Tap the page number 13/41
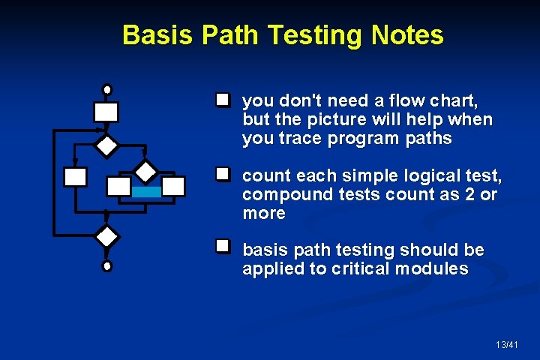click(506, 344)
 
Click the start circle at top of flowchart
click(107, 89)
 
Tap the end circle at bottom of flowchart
click(107, 265)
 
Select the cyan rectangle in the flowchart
click(146, 192)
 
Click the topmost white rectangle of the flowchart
click(106, 112)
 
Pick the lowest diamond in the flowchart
click(107, 236)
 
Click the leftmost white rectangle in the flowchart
click(75, 177)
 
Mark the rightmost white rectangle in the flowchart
click(173, 186)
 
